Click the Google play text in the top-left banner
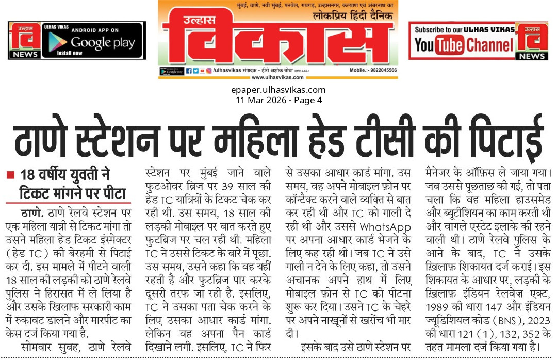pos(103,43)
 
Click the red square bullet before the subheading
pos(10,175)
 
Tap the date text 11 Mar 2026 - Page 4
pos(278,100)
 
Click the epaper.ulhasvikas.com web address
pos(278,91)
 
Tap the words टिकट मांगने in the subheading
pos(56,195)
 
